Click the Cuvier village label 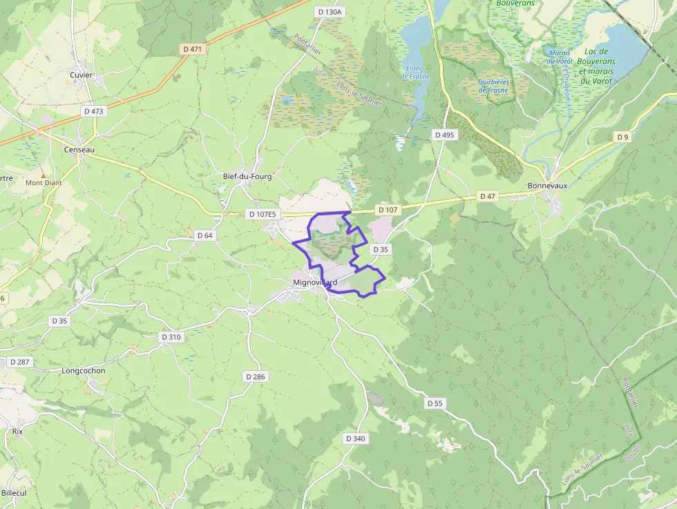[x=81, y=75]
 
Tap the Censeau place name [x=79, y=149]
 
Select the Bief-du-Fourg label [x=247, y=176]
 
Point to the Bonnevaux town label [x=546, y=186]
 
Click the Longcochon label [x=84, y=370]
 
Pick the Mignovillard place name [x=314, y=282]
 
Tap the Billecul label [x=13, y=493]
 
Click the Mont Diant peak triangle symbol [x=44, y=175]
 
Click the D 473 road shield [x=93, y=111]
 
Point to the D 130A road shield [x=329, y=12]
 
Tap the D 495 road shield [x=444, y=135]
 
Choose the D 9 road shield [x=623, y=137]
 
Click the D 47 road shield [x=488, y=197]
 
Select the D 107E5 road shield [x=263, y=214]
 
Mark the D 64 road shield [x=205, y=236]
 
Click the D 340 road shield [x=355, y=439]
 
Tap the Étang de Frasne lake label [x=415, y=72]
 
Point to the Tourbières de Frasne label [x=493, y=86]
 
